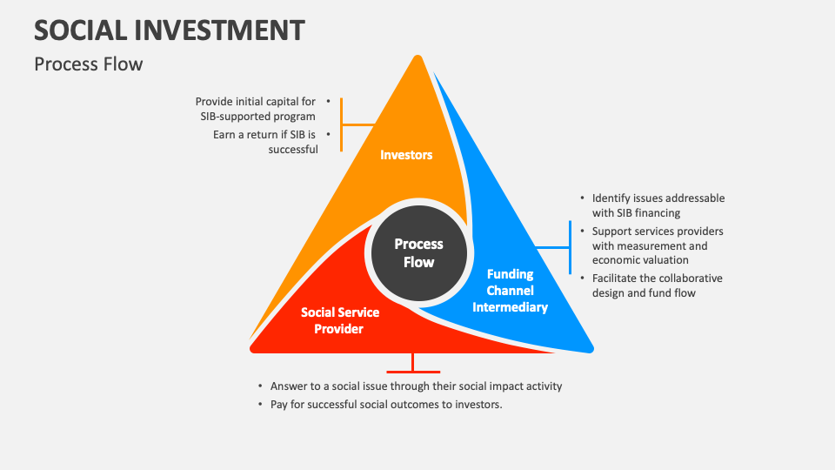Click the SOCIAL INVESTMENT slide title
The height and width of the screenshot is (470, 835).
[x=170, y=30]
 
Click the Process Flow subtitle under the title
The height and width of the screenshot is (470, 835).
[x=88, y=64]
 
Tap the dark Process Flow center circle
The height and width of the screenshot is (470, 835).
[x=418, y=252]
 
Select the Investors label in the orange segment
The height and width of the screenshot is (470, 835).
[x=406, y=155]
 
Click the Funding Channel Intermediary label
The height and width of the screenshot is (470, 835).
[x=517, y=290]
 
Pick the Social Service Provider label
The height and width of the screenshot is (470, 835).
[x=340, y=320]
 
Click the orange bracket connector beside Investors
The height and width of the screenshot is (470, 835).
[x=343, y=124]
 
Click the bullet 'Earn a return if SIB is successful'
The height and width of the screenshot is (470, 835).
[x=264, y=142]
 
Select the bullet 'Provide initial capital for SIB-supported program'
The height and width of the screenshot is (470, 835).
[x=255, y=108]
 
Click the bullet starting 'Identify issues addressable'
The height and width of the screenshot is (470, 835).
[x=658, y=205]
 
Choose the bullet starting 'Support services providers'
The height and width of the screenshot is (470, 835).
[x=657, y=245]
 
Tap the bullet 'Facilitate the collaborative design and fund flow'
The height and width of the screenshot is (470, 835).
[x=657, y=285]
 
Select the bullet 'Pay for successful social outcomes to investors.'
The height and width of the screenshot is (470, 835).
[x=386, y=405]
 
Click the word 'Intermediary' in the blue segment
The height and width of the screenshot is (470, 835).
[x=517, y=306]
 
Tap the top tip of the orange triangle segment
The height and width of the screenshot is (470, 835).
[x=418, y=59]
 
